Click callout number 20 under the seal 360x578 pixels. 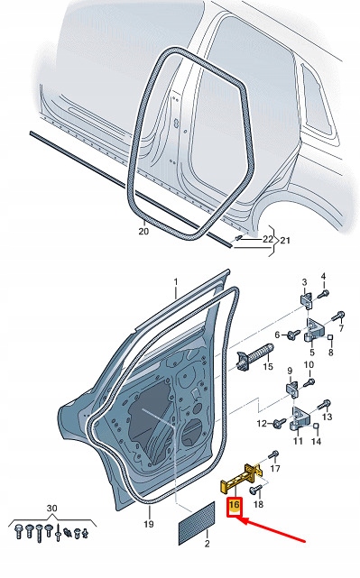point(143,232)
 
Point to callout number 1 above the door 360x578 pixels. point(177,282)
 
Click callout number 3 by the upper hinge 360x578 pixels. point(305,282)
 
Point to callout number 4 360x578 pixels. point(325,276)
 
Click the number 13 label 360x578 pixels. point(327,417)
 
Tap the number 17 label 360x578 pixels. point(275,470)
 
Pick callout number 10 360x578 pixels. point(309,365)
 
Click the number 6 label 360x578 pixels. point(279,335)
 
